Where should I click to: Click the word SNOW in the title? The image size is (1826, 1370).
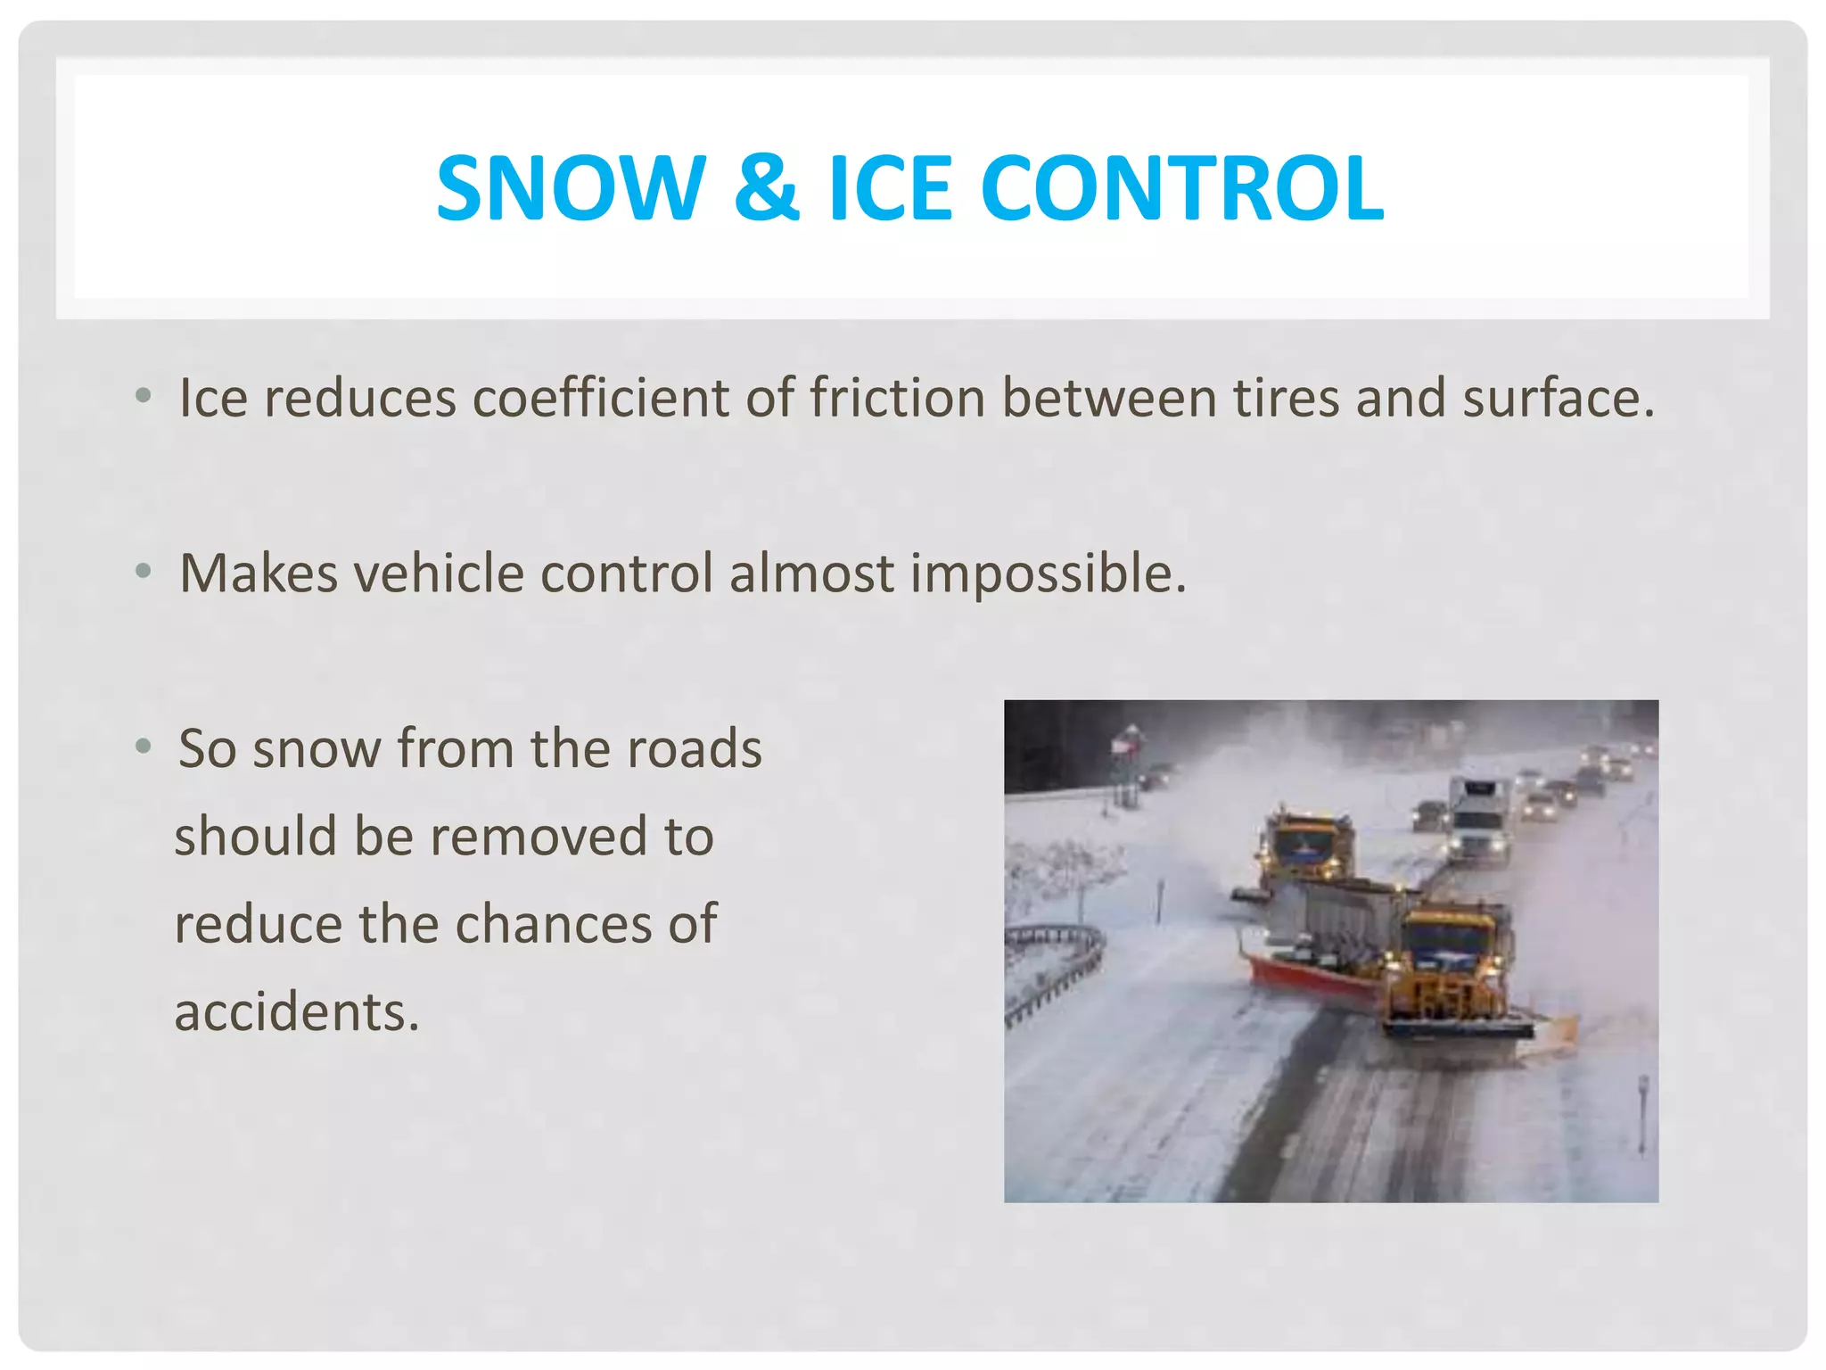(x=571, y=188)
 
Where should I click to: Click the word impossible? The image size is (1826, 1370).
(x=1049, y=573)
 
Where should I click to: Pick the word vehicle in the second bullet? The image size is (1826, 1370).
(x=439, y=573)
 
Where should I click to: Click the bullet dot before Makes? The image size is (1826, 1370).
(x=144, y=571)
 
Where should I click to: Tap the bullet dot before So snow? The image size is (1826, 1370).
(x=144, y=746)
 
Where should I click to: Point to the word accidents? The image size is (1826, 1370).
(x=296, y=1011)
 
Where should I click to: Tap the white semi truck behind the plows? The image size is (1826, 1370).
(x=1478, y=817)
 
